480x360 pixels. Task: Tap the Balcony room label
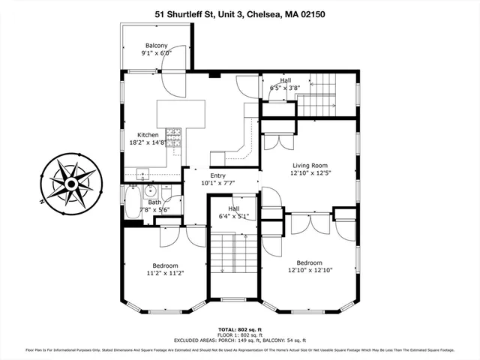point(157,45)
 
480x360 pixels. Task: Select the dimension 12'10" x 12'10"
point(309,271)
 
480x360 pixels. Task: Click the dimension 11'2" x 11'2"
point(165,274)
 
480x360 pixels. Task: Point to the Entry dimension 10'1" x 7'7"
point(217,182)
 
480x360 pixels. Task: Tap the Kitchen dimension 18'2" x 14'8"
point(148,144)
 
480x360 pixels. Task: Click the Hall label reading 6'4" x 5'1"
point(233,217)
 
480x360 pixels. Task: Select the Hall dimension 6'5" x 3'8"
point(285,88)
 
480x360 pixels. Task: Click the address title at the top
point(240,13)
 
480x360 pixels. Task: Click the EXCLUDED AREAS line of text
point(240,340)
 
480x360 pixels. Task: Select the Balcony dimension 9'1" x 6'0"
point(157,53)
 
